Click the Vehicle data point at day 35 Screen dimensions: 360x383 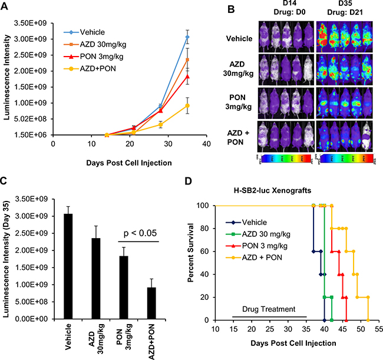pos(187,37)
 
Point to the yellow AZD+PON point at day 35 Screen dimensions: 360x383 pos(187,105)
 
